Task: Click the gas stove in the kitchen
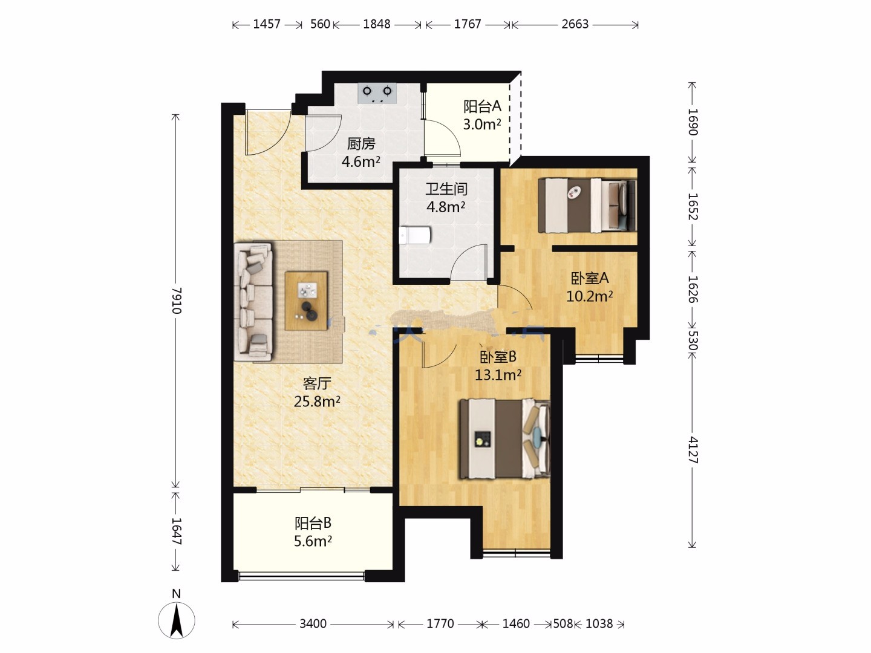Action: pyautogui.click(x=377, y=93)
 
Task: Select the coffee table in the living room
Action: pyautogui.click(x=306, y=301)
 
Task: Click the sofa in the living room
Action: pyautogui.click(x=253, y=302)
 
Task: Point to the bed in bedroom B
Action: pyautogui.click(x=504, y=439)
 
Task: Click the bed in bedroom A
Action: pyautogui.click(x=587, y=206)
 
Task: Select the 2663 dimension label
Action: pyautogui.click(x=575, y=24)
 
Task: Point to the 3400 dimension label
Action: pyautogui.click(x=313, y=623)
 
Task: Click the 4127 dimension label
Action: pyautogui.click(x=693, y=450)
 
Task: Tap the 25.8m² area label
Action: pyautogui.click(x=317, y=401)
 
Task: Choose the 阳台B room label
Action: pyautogui.click(x=313, y=524)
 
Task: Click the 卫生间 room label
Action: pyautogui.click(x=446, y=189)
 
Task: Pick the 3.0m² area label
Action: pyautogui.click(x=481, y=125)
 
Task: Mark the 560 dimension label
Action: pyautogui.click(x=320, y=24)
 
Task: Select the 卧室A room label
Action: pyautogui.click(x=590, y=278)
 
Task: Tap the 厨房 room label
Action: pyautogui.click(x=360, y=144)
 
